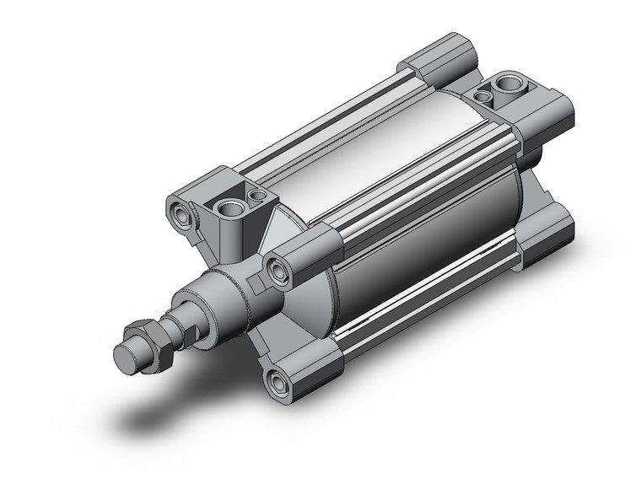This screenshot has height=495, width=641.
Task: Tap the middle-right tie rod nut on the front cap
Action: click(277, 268)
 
